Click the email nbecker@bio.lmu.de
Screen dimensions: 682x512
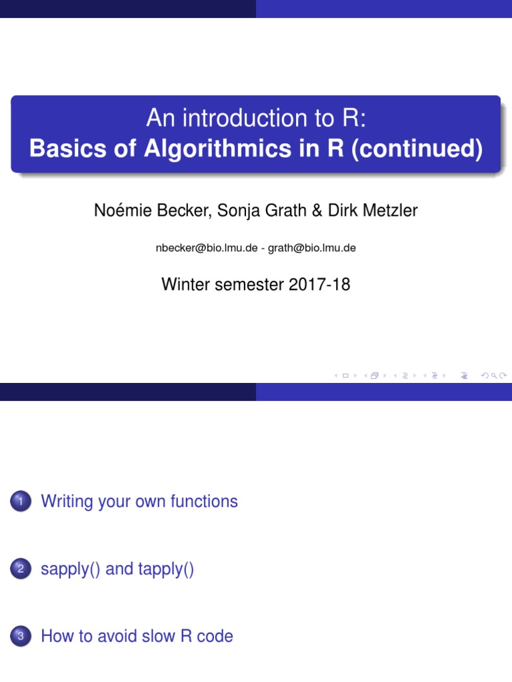(x=206, y=248)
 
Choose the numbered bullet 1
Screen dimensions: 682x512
(x=21, y=502)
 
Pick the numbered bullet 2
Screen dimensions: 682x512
(x=21, y=570)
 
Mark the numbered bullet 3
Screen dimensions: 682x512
(x=21, y=637)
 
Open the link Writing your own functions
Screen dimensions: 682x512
(x=139, y=502)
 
